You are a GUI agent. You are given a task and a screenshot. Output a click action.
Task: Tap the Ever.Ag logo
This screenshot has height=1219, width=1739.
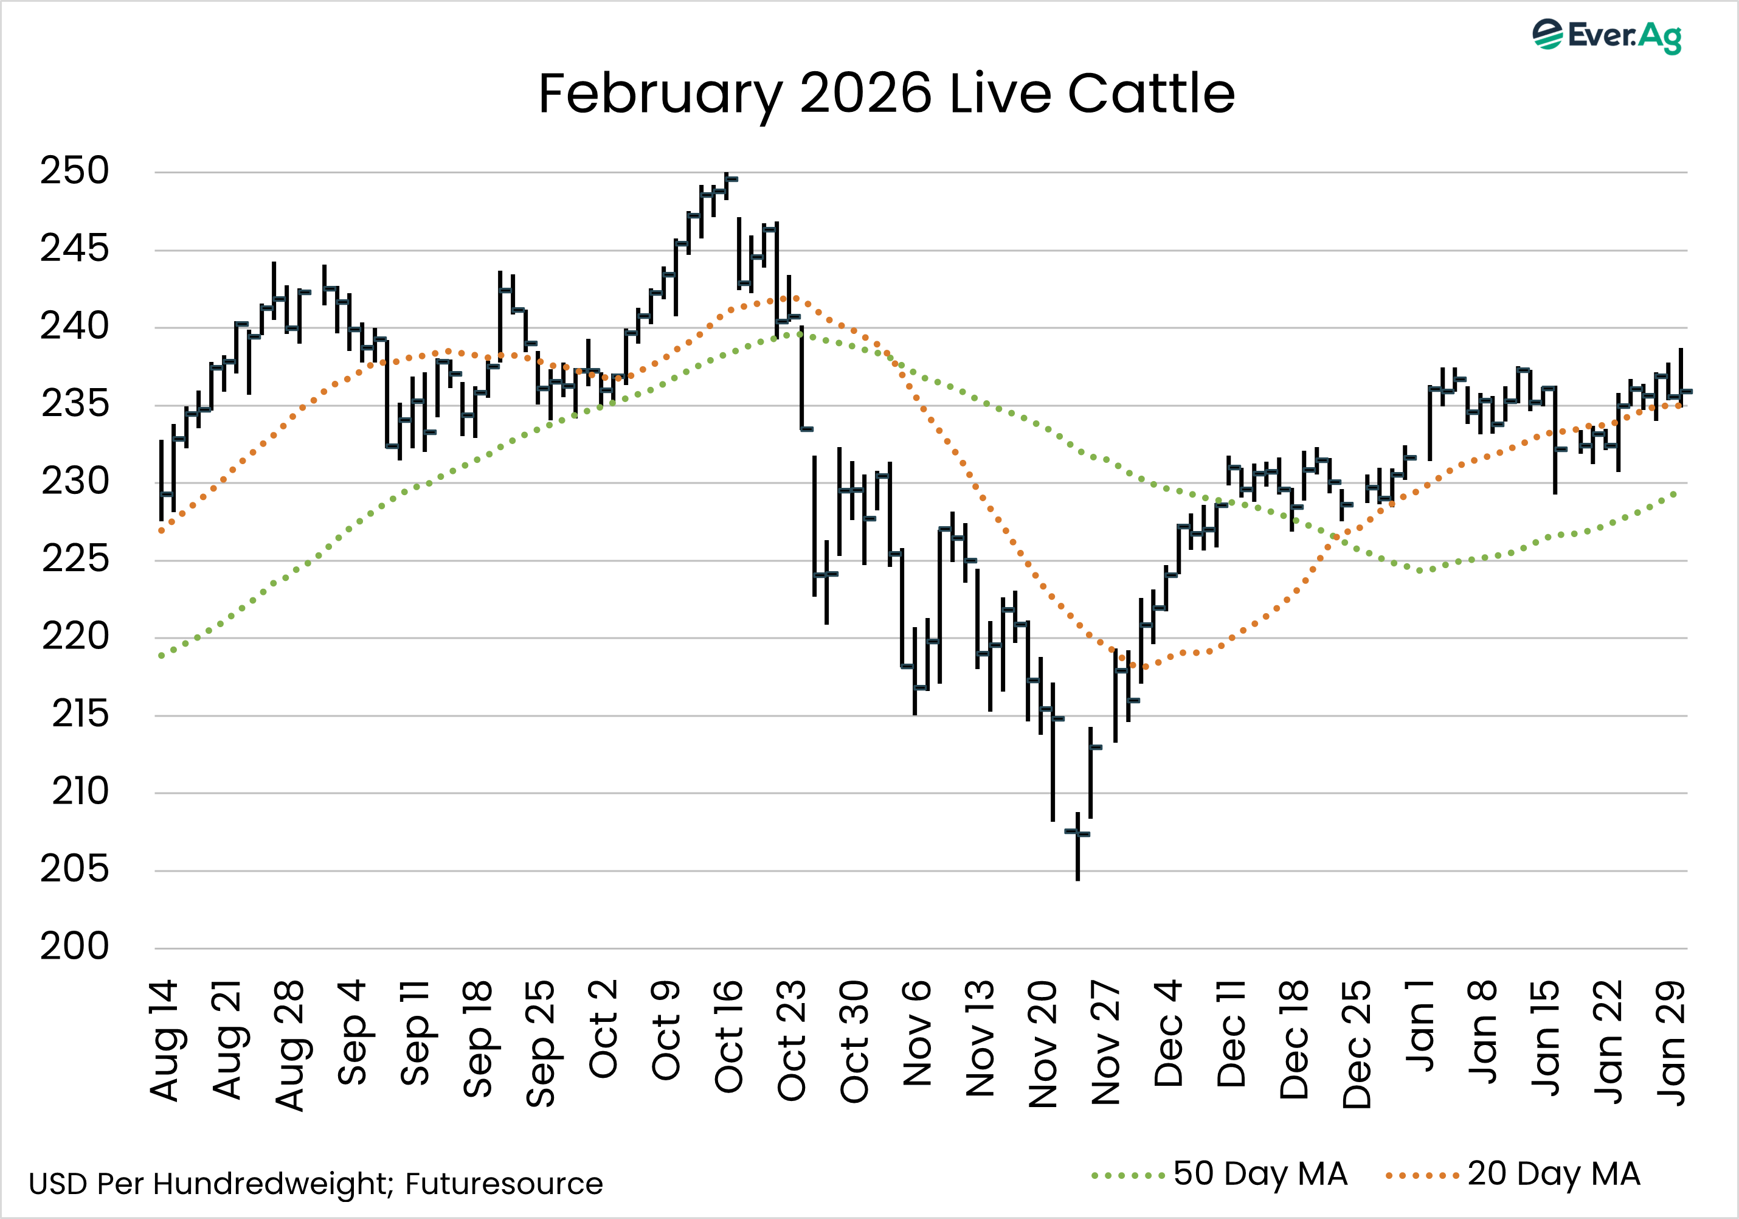(x=1606, y=36)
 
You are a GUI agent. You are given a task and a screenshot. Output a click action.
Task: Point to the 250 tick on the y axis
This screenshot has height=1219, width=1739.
(x=74, y=171)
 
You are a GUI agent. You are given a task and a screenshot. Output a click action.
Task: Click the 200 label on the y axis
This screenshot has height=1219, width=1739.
(x=74, y=946)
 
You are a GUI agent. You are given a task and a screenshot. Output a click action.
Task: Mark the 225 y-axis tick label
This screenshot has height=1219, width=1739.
(x=74, y=559)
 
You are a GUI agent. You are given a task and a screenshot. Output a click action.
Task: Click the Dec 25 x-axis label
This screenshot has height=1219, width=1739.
(x=1357, y=1044)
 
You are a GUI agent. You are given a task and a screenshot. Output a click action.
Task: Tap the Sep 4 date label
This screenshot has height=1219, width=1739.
(x=352, y=1032)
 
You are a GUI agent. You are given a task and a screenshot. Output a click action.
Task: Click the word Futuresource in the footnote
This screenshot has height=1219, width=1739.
(x=503, y=1183)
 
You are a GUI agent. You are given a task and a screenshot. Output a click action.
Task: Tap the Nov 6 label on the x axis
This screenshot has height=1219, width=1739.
(x=917, y=1033)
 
